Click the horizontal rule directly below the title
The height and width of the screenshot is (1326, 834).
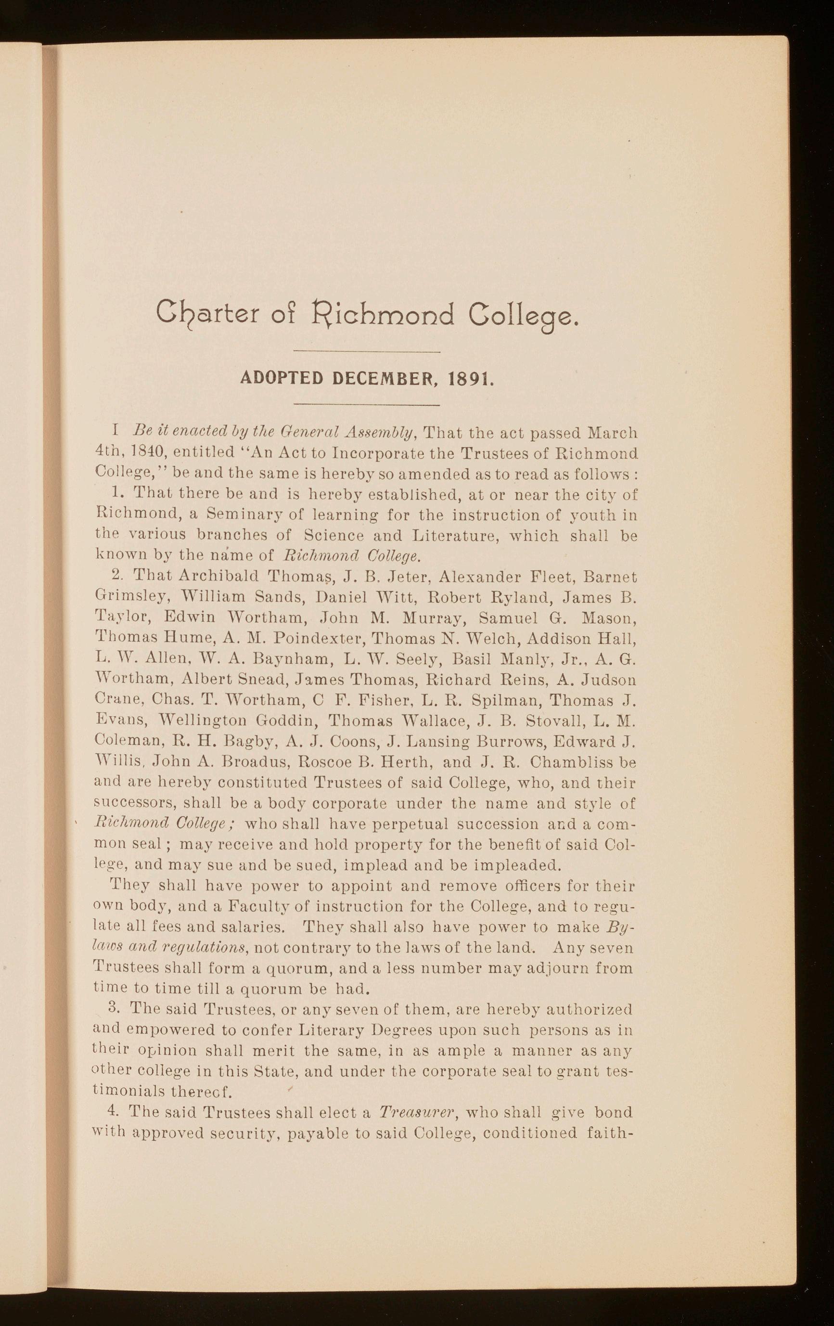[x=368, y=352]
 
